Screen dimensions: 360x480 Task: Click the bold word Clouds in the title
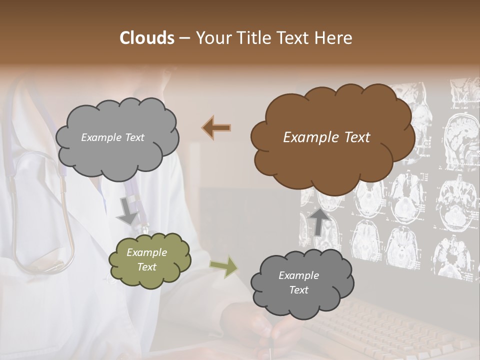pos(146,38)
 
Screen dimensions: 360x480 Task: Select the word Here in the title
pos(335,38)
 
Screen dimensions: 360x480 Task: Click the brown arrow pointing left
pos(216,128)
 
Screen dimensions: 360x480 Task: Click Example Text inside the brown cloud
pos(326,137)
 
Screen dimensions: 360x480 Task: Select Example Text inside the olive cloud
pos(146,259)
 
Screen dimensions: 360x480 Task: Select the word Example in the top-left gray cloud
pos(100,137)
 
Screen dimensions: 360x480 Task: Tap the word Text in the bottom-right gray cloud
pos(298,290)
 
